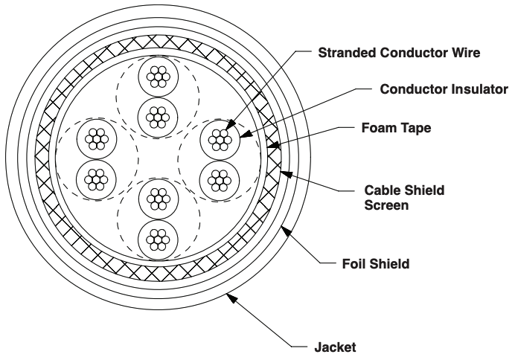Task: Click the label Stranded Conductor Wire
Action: [399, 53]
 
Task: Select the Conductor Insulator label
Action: [444, 89]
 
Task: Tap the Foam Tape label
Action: [396, 128]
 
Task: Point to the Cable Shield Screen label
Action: [404, 198]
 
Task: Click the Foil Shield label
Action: [376, 264]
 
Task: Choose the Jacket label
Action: [335, 347]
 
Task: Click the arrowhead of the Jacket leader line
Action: [232, 298]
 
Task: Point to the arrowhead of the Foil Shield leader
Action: [287, 231]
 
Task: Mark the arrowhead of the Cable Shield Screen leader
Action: [286, 174]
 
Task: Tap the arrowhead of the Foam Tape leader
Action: [273, 145]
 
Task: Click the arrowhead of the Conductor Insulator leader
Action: [246, 134]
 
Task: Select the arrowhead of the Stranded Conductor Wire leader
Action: [231, 124]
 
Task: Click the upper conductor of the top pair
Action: [159, 77]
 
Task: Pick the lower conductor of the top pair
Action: [158, 118]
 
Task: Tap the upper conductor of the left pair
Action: [97, 139]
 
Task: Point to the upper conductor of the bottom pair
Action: [159, 199]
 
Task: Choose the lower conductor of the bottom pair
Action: [158, 240]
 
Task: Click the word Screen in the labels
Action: [386, 205]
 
